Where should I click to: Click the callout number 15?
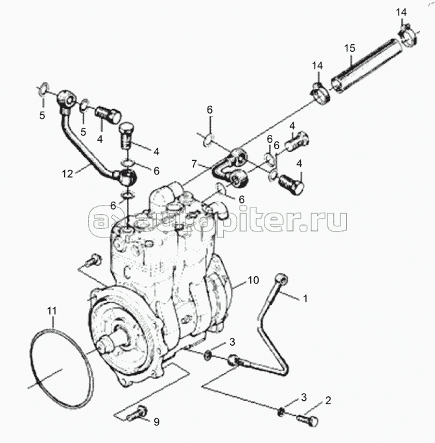click(349, 48)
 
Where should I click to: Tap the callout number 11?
click(52, 311)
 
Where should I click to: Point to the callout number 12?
click(67, 174)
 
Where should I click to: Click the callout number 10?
click(253, 280)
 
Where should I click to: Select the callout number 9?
click(156, 422)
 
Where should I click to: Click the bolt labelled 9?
click(137, 414)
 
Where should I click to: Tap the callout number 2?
click(328, 400)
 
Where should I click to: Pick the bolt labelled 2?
click(307, 420)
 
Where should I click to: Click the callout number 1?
click(305, 298)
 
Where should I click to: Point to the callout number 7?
click(194, 164)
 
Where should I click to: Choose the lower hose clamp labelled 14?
click(321, 94)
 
